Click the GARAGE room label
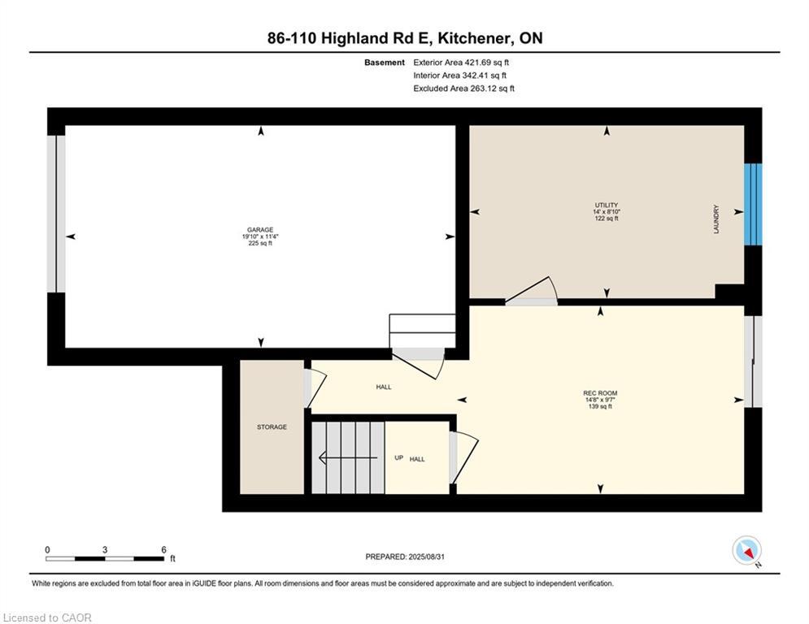coord(260,229)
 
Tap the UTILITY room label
coord(606,205)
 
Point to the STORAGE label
coord(272,427)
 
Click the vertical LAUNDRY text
coord(716,219)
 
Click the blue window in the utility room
coord(754,204)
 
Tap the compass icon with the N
coord(746,551)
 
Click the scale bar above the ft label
coord(105,558)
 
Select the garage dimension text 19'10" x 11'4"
coord(260,236)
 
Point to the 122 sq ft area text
coord(606,219)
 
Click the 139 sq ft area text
coord(599,406)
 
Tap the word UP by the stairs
coord(398,458)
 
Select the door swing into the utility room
coord(533,291)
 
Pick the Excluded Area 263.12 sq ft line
coord(463,89)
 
